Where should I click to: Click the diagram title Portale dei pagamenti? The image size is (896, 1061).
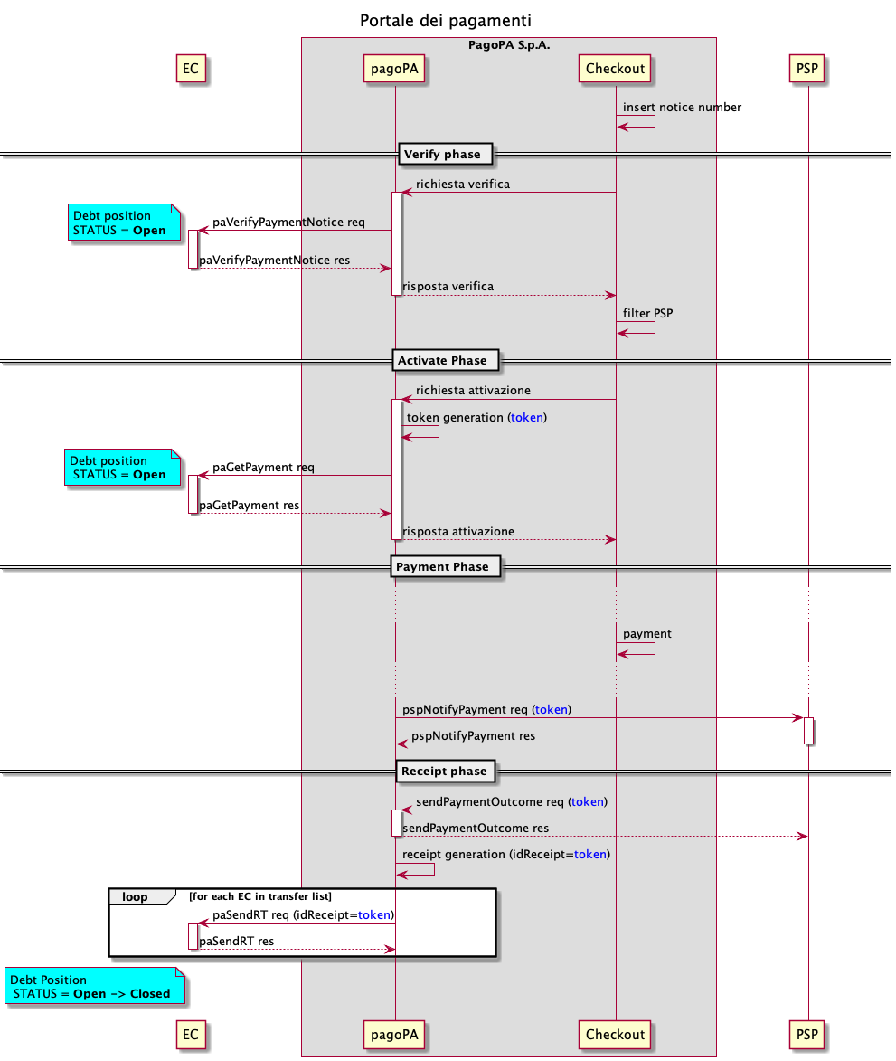tap(446, 20)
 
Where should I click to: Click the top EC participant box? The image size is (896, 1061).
tap(191, 69)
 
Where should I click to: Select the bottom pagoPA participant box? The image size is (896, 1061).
tap(395, 1034)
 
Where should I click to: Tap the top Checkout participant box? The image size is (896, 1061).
tap(616, 69)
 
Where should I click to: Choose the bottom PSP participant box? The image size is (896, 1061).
tap(808, 1034)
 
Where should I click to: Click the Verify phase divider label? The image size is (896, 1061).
tap(443, 155)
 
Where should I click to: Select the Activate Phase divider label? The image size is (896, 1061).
tap(442, 361)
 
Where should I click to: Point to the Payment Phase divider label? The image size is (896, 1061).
tap(442, 567)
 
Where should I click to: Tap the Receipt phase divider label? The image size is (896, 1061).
tap(443, 772)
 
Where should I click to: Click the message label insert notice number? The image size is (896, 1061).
tap(682, 108)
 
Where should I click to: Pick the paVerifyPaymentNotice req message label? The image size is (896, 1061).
tap(288, 223)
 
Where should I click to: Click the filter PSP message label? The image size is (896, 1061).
tap(647, 314)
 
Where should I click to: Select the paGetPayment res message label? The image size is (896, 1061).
tap(250, 506)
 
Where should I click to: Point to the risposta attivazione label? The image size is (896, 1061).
tap(458, 532)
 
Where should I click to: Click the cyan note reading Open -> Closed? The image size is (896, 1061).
tap(94, 987)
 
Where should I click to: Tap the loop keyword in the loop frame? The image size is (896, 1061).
tap(135, 897)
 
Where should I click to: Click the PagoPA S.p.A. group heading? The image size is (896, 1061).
tap(509, 45)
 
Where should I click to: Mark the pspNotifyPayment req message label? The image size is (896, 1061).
tap(486, 710)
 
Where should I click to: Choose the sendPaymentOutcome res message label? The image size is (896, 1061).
tap(476, 829)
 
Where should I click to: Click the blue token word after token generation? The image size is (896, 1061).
tap(527, 418)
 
